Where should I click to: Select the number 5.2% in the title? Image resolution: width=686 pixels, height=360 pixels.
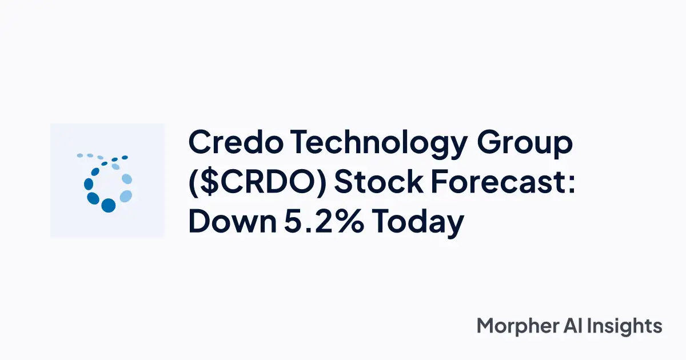(x=322, y=222)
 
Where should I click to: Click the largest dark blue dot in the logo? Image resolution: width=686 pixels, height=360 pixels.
(x=108, y=205)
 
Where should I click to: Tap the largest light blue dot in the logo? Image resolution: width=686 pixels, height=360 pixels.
(x=126, y=196)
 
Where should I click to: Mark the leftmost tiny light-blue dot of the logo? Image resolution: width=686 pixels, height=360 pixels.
(x=80, y=155)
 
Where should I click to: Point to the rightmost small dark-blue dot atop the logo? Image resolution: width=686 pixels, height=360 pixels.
(x=125, y=157)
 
